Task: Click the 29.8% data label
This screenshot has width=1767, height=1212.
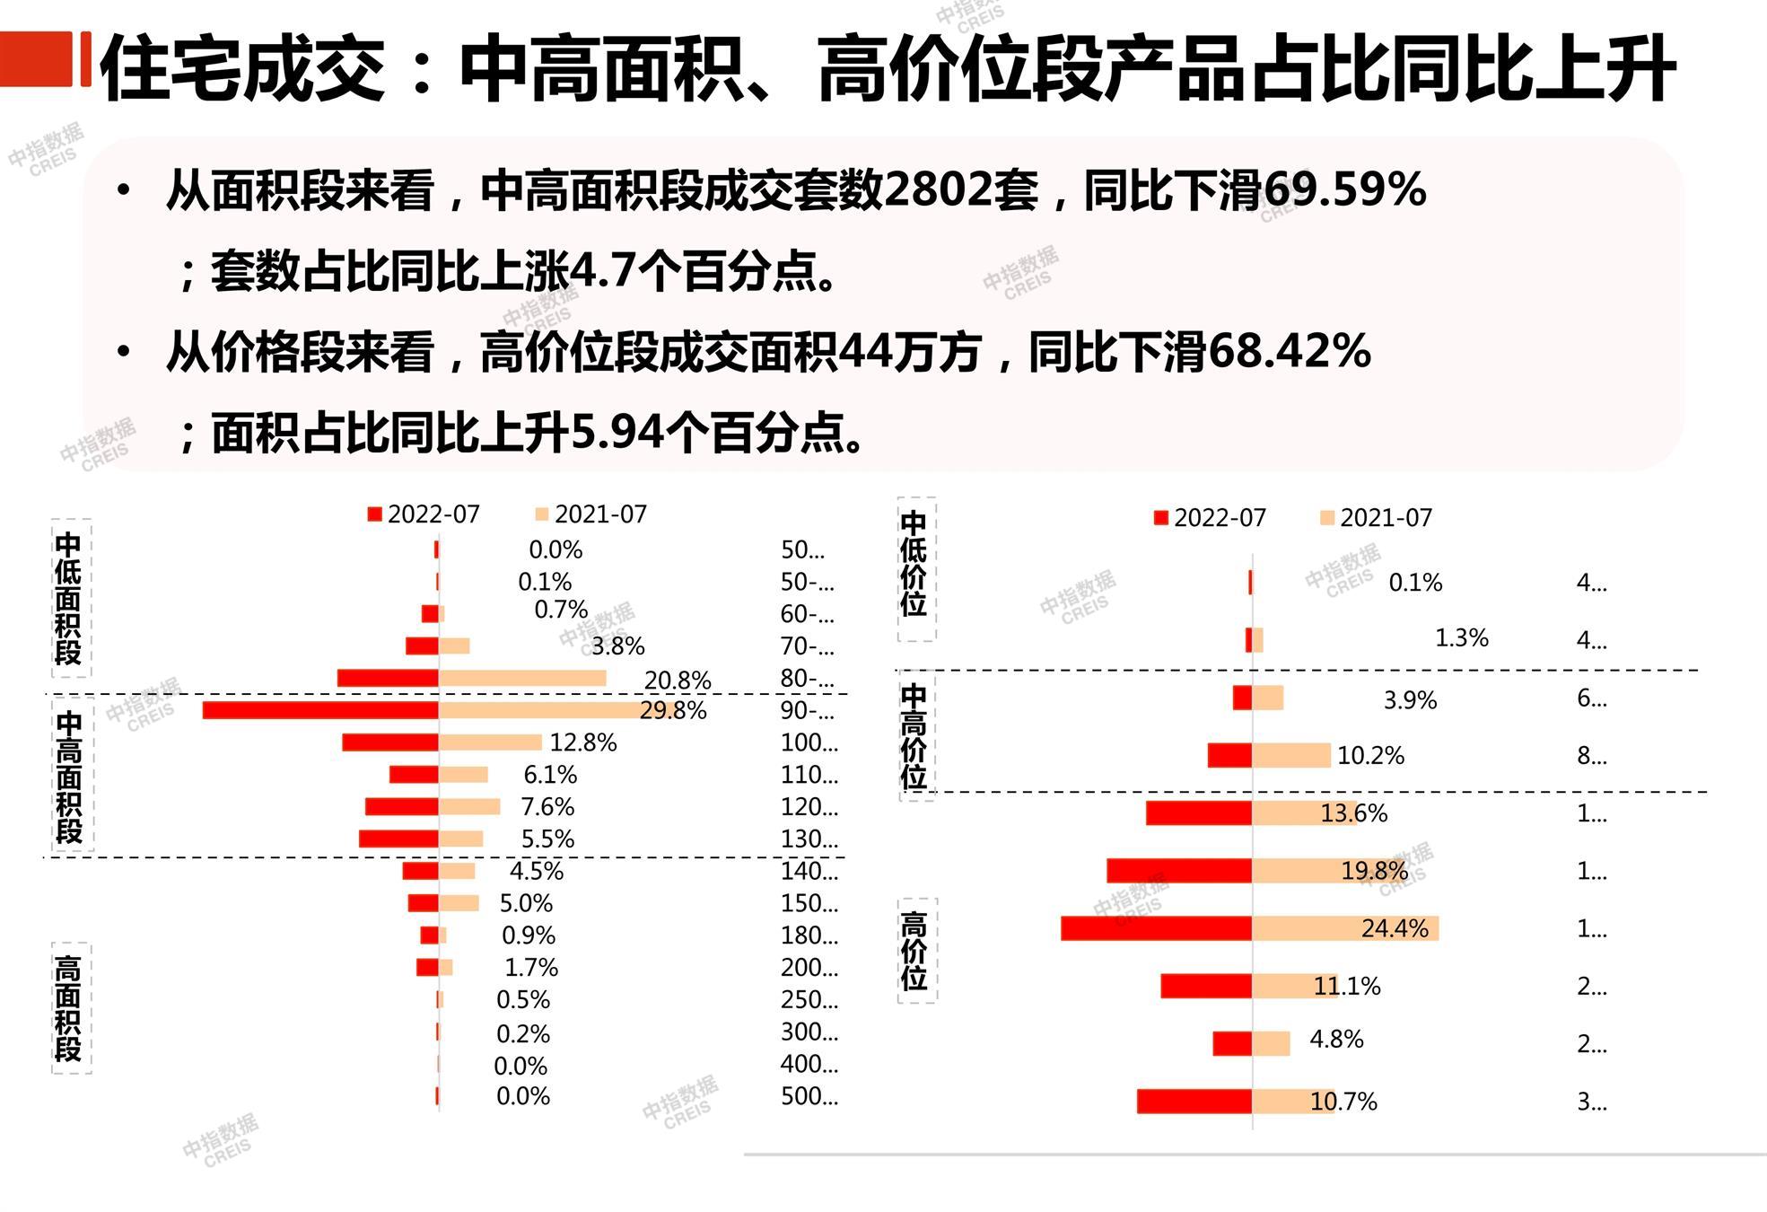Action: (x=672, y=711)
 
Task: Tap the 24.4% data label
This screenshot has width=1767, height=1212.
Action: (x=1394, y=928)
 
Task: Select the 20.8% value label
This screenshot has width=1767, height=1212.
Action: (x=678, y=681)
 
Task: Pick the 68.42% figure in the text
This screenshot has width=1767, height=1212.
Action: (x=1289, y=351)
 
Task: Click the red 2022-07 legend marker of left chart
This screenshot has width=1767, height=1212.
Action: (x=375, y=514)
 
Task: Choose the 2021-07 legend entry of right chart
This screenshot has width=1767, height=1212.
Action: (x=1377, y=518)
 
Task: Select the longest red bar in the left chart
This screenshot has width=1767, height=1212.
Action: (x=320, y=710)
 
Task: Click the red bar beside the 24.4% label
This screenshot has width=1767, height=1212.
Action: (x=1156, y=928)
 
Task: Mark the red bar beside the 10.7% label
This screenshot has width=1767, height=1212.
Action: (x=1194, y=1101)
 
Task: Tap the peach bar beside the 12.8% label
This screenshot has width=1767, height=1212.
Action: (x=490, y=742)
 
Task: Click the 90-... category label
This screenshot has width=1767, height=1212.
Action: (x=808, y=711)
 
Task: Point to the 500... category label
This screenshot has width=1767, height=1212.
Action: (x=809, y=1096)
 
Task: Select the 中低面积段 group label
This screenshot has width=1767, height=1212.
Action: (x=69, y=598)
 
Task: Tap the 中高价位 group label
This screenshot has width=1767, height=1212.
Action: (x=914, y=735)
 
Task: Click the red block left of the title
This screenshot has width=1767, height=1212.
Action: (x=36, y=59)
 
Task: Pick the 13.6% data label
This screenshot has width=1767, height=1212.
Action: (x=1353, y=813)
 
